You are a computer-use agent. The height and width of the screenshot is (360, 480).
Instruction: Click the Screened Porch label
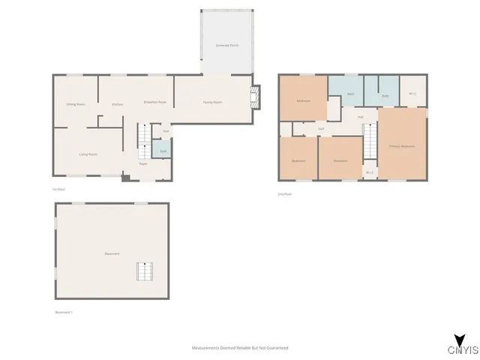tap(228, 46)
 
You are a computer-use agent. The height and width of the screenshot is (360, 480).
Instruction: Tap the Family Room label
tap(213, 102)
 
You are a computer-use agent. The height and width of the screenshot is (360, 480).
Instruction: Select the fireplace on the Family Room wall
tap(256, 96)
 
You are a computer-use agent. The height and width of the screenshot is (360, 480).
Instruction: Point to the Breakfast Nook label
tap(155, 102)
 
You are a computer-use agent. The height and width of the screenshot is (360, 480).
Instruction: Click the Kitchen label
tap(117, 104)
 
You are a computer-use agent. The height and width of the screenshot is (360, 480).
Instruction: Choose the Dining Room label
tap(75, 104)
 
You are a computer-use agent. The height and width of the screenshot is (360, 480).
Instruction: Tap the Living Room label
tap(88, 154)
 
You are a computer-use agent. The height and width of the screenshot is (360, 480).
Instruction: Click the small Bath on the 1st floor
tap(163, 151)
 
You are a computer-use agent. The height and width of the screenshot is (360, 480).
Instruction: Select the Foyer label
tap(142, 163)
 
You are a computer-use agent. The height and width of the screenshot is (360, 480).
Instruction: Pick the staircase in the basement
tap(144, 271)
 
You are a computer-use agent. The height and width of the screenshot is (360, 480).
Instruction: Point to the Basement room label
tap(112, 253)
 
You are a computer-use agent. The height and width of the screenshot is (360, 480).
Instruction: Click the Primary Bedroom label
tap(402, 145)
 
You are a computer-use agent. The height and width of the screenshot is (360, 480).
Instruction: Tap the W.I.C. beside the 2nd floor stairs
tap(370, 172)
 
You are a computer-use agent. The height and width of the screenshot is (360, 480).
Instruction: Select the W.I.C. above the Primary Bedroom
tap(412, 94)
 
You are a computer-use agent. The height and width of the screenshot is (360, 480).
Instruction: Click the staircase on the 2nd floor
tap(370, 141)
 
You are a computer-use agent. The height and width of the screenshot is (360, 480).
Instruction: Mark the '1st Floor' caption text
tap(59, 189)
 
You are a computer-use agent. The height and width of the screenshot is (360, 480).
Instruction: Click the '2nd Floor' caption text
tap(285, 194)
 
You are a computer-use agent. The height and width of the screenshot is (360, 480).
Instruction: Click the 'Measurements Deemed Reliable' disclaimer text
tap(240, 348)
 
